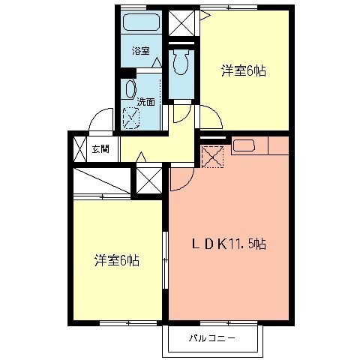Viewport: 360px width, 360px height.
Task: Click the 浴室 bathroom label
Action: (x=140, y=52)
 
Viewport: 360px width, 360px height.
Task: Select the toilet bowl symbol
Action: (x=179, y=64)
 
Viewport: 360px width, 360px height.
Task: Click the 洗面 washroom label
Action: (x=146, y=101)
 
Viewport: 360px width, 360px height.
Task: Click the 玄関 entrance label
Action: (x=100, y=148)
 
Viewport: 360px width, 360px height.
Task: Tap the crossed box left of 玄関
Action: (x=79, y=148)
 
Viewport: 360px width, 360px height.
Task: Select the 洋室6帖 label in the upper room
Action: (x=244, y=71)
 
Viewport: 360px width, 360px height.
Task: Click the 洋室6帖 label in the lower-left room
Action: (x=116, y=260)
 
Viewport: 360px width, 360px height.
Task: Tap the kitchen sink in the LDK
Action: (x=245, y=145)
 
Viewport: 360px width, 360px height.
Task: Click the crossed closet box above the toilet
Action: (x=180, y=22)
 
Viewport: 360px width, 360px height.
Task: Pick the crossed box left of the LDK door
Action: (x=148, y=181)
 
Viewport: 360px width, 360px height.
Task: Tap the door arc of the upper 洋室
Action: (x=211, y=116)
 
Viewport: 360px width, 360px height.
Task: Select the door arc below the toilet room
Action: (x=180, y=114)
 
